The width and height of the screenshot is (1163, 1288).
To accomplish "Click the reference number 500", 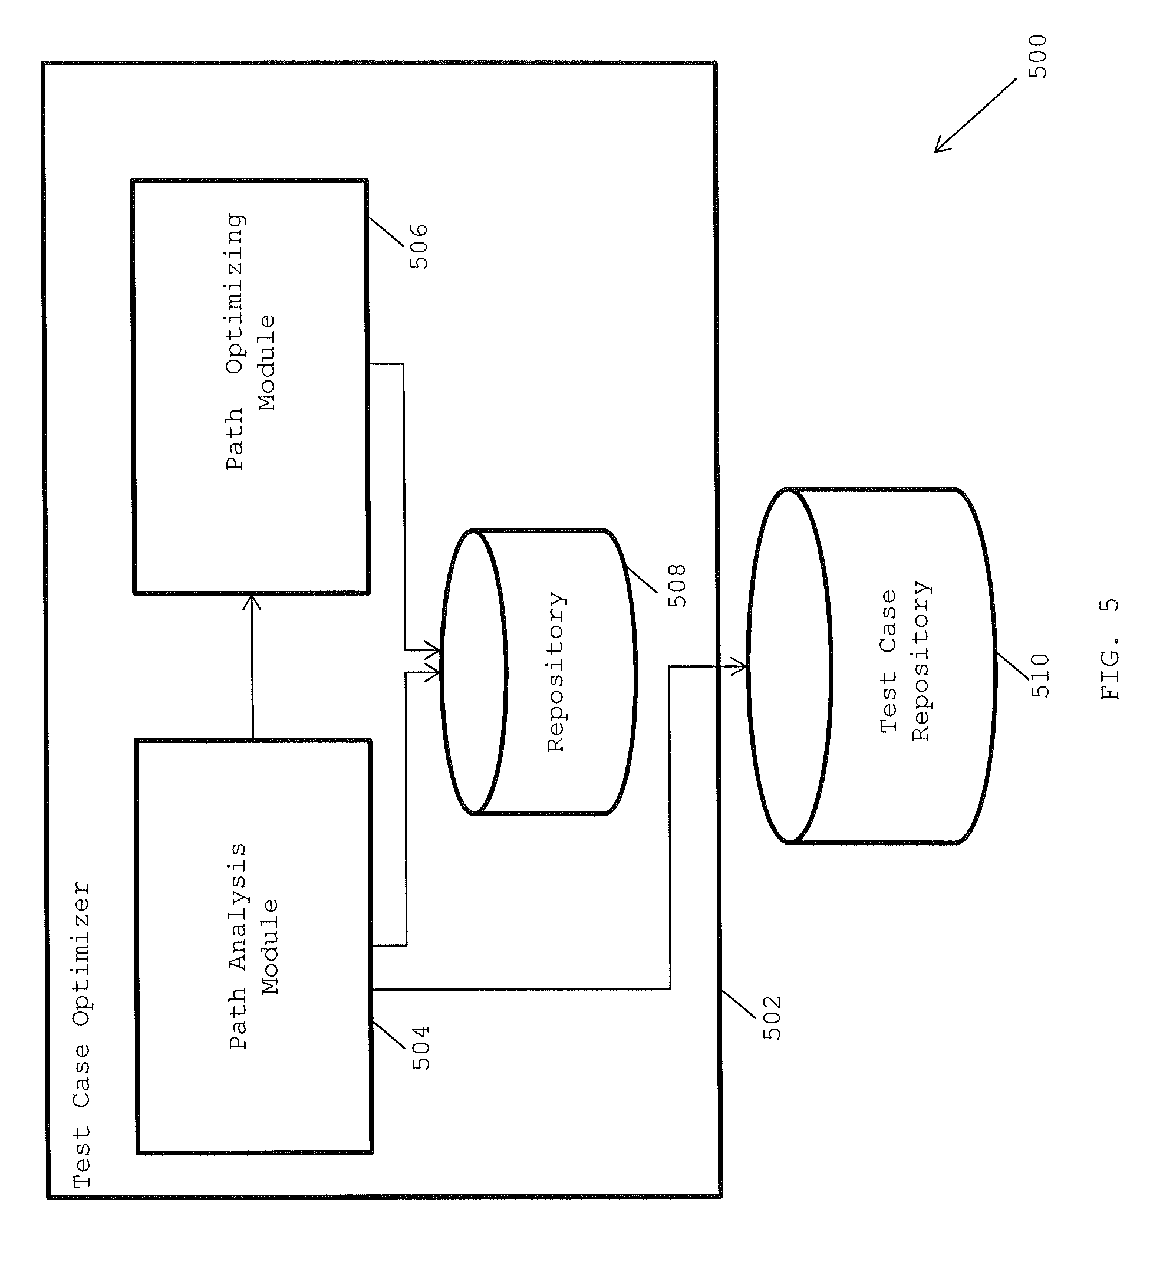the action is tap(1037, 57).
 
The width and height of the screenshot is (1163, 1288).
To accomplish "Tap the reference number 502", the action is tap(772, 1017).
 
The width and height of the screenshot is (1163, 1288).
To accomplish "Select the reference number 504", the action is tap(421, 1048).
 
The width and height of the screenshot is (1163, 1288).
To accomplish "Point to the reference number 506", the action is tap(419, 246).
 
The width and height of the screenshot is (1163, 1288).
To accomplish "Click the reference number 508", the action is tap(676, 585).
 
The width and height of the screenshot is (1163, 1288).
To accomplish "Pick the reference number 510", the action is tap(1040, 675).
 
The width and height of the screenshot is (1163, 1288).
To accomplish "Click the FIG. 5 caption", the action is tap(1110, 649).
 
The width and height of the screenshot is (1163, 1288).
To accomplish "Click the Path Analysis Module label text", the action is tap(253, 945).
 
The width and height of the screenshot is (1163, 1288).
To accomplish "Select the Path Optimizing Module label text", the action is tap(251, 342).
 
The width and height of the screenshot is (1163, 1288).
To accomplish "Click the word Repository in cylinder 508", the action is tap(556, 672).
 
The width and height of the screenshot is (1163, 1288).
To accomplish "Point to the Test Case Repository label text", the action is tap(905, 661).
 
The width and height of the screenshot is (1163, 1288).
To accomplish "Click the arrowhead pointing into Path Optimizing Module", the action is tap(252, 602).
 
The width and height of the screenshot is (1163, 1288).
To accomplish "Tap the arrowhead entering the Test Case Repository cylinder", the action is tap(740, 666).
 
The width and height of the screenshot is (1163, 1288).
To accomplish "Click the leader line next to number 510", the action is tap(1012, 666).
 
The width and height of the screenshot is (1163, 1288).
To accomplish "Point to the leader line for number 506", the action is tap(386, 232).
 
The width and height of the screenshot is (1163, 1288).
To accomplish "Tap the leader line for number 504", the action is tap(388, 1035).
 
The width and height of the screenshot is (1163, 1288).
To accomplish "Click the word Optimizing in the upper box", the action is tap(235, 294).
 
